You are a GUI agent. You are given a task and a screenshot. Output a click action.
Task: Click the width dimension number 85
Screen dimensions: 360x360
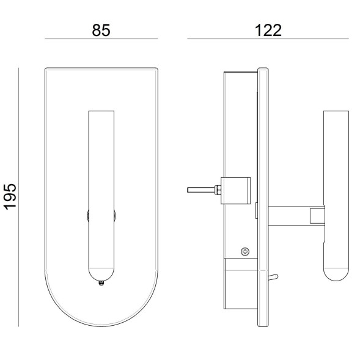(x=101, y=31)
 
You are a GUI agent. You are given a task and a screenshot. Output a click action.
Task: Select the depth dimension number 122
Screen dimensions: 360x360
(x=268, y=31)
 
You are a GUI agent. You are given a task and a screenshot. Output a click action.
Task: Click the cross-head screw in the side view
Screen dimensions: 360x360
(x=245, y=251)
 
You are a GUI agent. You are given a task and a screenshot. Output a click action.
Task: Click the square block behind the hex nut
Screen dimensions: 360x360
(x=236, y=189)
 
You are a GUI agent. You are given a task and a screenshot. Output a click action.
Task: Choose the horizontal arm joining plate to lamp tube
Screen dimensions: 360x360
(x=290, y=215)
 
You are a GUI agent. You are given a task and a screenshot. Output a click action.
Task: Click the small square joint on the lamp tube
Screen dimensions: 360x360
(x=318, y=215)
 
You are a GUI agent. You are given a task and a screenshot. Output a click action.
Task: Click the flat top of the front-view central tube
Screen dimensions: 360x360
(x=101, y=112)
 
